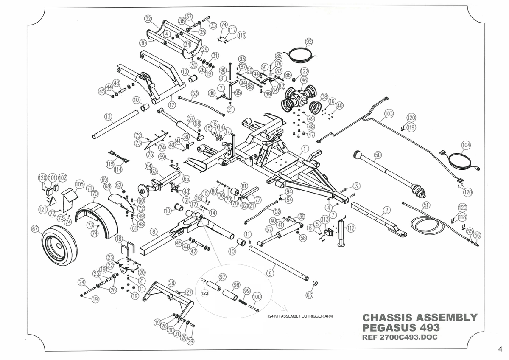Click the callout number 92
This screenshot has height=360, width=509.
point(309,42)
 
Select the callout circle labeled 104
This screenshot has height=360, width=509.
point(466,145)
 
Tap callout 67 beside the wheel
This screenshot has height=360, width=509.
point(35,229)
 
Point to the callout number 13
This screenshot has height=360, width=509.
point(108,117)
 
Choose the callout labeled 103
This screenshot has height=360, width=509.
point(389,114)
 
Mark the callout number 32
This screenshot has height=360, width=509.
point(148,19)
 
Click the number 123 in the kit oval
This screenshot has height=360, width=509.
point(204,293)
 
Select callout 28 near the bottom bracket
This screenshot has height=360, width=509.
point(171,283)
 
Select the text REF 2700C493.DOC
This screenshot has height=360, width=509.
point(400,337)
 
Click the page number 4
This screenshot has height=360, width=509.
point(500,349)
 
